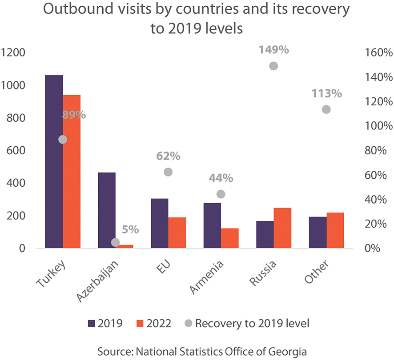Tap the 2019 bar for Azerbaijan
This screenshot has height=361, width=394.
(x=107, y=210)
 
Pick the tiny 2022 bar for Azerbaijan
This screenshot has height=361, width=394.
(x=125, y=246)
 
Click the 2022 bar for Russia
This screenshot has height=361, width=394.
(x=282, y=228)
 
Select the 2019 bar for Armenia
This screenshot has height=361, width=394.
(x=212, y=225)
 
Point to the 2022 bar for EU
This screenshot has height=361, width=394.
(x=177, y=233)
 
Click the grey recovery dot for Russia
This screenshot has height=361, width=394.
(x=273, y=66)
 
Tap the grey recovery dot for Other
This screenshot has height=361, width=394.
(x=326, y=109)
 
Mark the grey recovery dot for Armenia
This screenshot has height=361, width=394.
(x=221, y=194)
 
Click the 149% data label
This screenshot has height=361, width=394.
(x=274, y=50)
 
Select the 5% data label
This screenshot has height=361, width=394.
(x=130, y=230)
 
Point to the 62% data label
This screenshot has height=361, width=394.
(x=168, y=156)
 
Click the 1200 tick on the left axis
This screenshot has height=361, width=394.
(x=13, y=52)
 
